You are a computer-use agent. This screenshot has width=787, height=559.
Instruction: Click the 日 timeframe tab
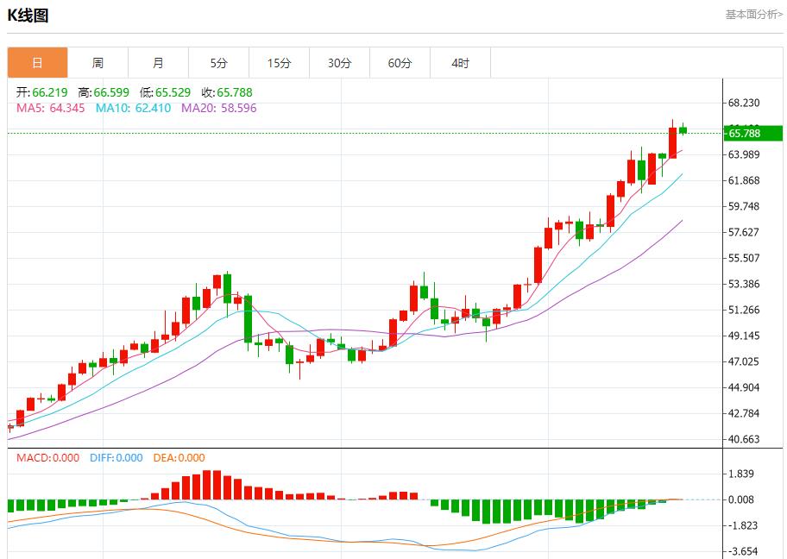37,63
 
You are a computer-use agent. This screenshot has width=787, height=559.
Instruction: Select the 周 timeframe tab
98,63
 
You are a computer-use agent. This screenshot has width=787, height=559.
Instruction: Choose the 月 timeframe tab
158,63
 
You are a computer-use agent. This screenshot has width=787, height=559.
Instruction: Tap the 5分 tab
218,63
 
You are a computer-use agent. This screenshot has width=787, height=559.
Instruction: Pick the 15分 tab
279,63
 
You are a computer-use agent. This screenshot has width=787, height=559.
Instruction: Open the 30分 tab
339,63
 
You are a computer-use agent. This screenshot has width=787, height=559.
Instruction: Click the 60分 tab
400,63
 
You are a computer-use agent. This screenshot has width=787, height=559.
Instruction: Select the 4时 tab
460,63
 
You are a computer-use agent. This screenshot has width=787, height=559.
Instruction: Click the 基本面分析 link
753,15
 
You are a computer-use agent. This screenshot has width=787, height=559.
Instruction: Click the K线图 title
28,16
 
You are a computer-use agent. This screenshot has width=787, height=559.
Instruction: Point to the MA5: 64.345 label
51,108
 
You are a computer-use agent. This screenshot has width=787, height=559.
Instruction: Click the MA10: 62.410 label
133,108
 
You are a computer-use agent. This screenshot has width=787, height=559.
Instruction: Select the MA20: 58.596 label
218,108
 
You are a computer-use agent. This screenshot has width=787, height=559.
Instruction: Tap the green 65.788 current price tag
752,133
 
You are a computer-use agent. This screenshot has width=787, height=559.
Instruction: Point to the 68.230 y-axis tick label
744,103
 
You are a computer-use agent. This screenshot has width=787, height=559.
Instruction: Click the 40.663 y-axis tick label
744,439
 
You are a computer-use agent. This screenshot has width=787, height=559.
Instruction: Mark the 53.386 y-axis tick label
744,284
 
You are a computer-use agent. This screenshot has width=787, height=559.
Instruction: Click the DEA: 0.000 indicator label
179,458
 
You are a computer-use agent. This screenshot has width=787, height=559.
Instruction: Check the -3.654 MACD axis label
744,551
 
